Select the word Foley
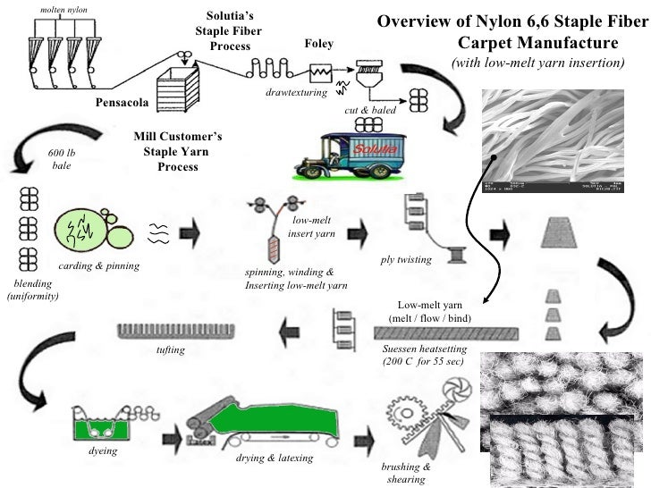point(319,44)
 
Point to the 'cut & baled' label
point(370,109)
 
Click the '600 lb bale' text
point(61,159)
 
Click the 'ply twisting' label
point(406,259)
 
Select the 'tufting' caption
point(170,349)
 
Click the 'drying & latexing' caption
point(275,458)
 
